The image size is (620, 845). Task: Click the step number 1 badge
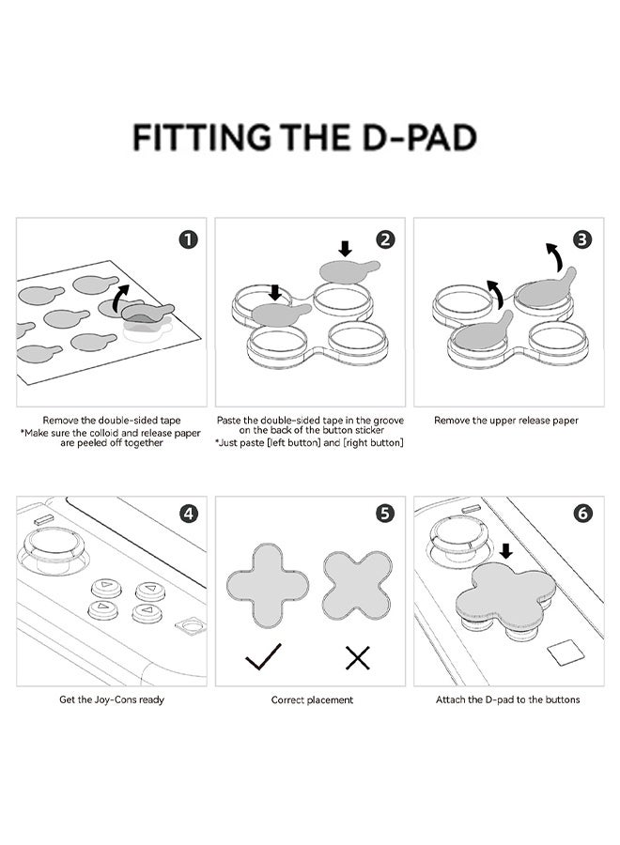click(x=189, y=239)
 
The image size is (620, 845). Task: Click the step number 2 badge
click(x=385, y=238)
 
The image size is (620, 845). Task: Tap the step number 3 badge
click(x=582, y=238)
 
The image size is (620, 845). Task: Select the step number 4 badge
click(x=189, y=514)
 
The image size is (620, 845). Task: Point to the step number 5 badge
click(x=385, y=514)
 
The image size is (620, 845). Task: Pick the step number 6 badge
click(x=582, y=514)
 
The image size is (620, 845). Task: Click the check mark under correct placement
click(x=264, y=657)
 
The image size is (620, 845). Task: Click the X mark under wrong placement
click(x=357, y=658)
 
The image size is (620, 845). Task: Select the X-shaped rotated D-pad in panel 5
click(x=357, y=585)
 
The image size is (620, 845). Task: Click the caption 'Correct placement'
click(x=313, y=700)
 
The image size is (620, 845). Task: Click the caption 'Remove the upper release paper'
click(x=506, y=421)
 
